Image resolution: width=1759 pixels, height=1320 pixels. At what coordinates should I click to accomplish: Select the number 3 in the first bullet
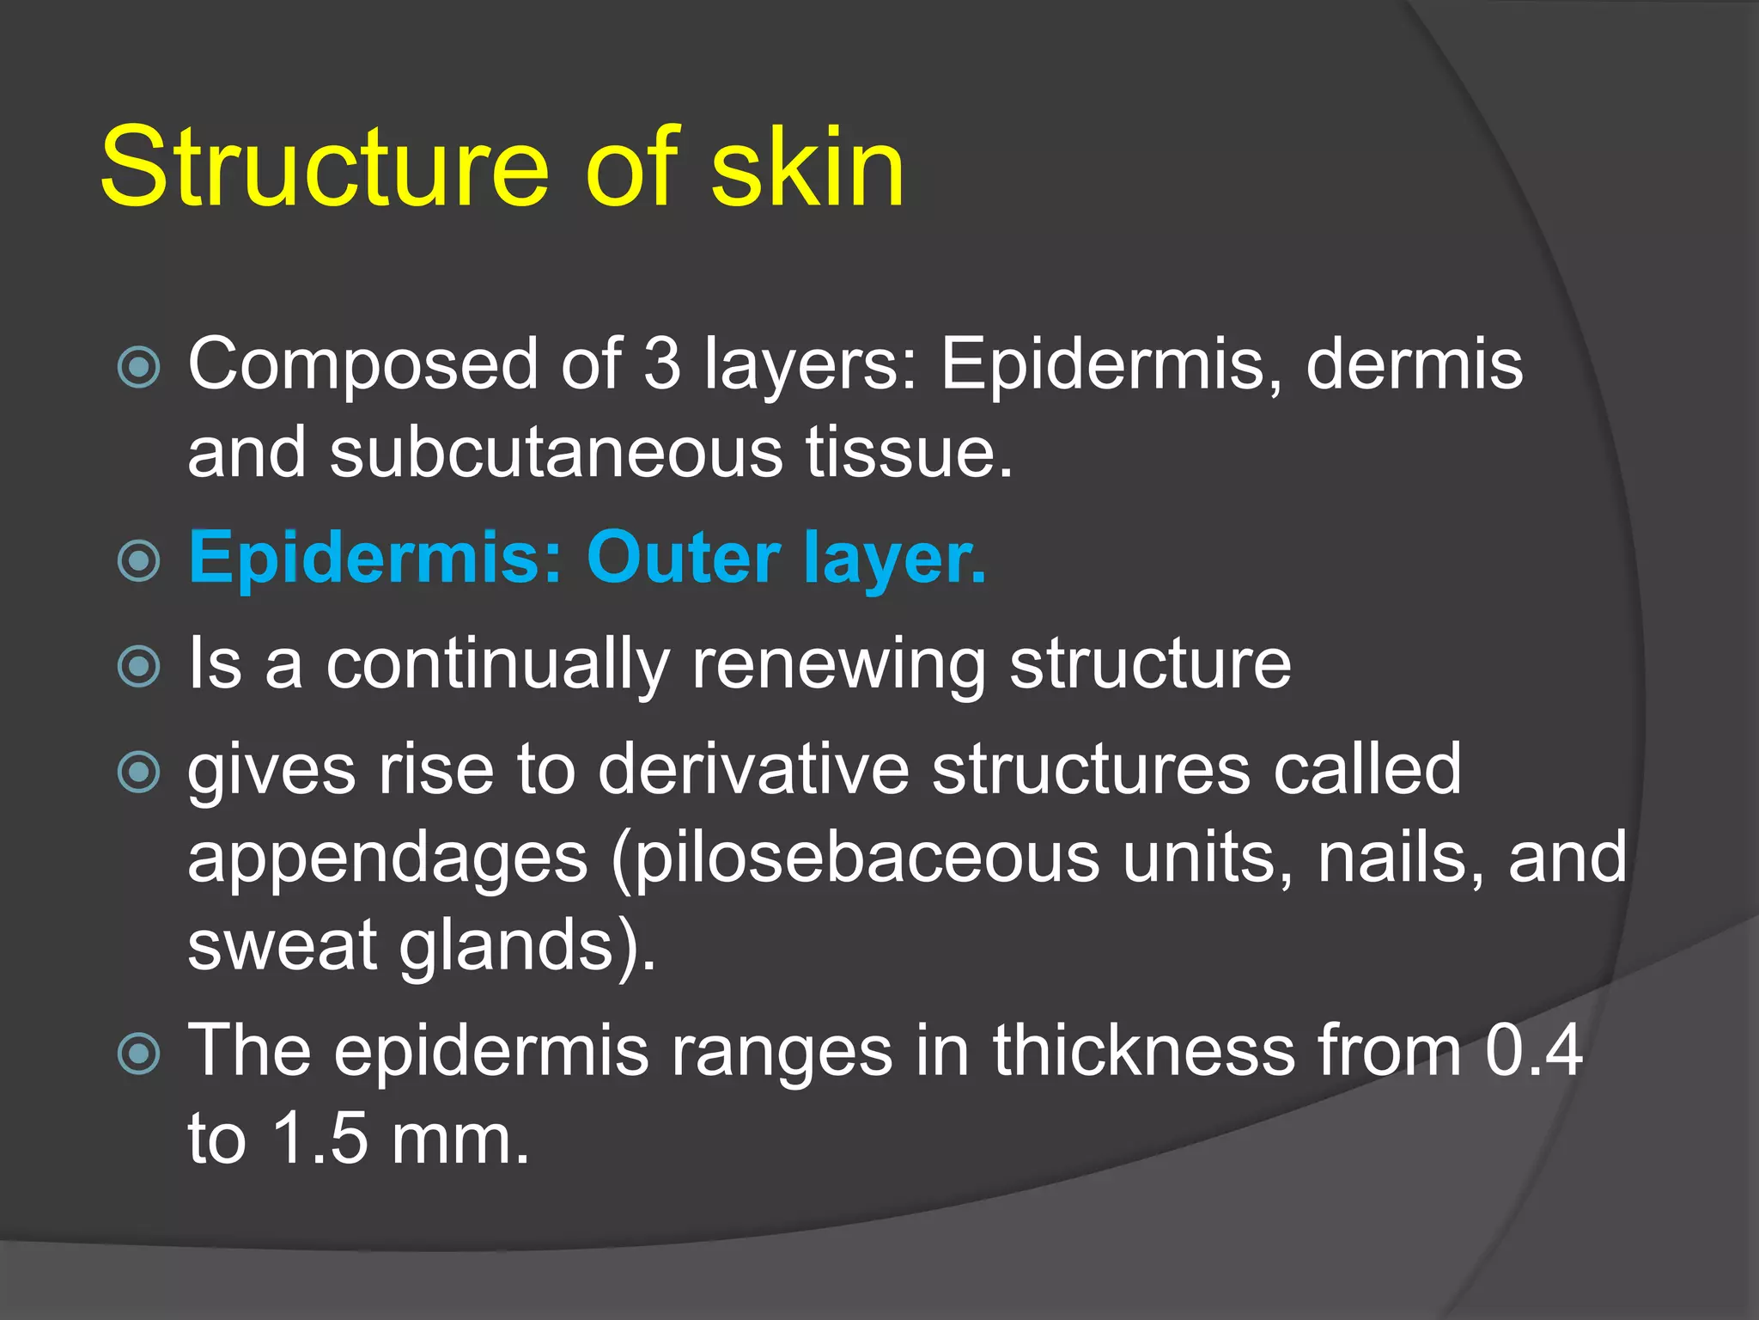[x=662, y=364]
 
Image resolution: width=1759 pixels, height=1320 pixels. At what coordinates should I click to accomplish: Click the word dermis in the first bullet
[x=1414, y=364]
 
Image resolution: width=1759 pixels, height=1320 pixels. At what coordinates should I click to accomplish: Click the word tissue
[x=909, y=453]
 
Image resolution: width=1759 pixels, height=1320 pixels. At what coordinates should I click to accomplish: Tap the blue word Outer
[x=684, y=559]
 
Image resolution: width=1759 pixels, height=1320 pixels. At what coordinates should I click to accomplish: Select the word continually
[x=497, y=664]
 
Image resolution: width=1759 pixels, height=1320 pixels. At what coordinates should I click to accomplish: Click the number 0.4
[x=1534, y=1051]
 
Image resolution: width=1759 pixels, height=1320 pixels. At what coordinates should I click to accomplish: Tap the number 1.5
[x=320, y=1140]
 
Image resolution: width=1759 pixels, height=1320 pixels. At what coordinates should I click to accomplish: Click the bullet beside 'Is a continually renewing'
[x=138, y=667]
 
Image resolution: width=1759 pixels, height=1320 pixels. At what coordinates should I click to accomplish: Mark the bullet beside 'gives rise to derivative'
[x=138, y=771]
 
